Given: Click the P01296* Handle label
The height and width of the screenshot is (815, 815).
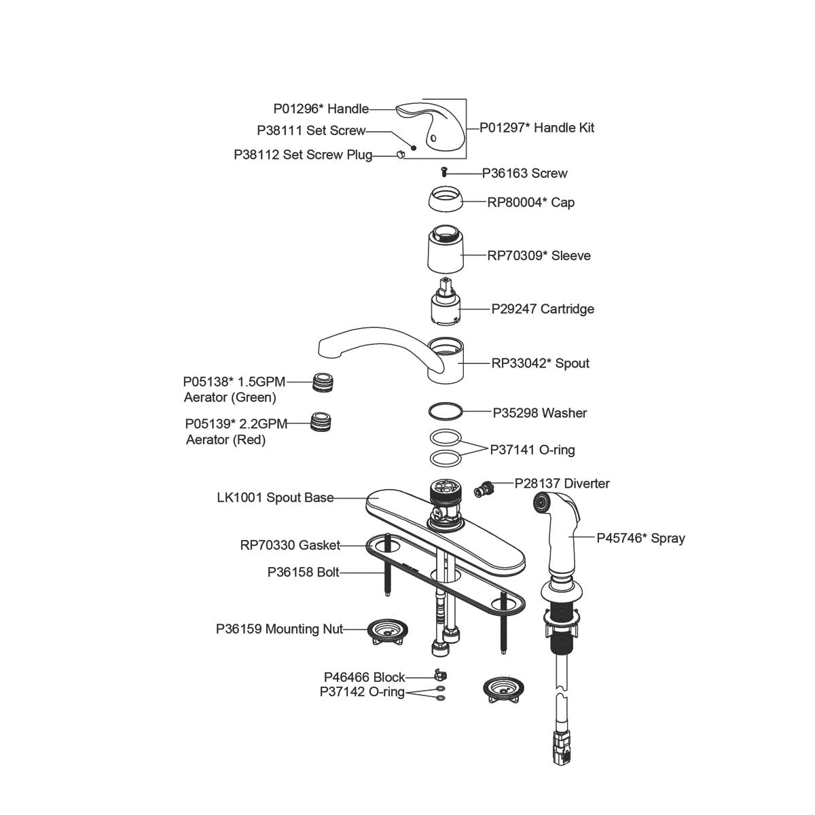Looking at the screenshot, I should pos(321,109).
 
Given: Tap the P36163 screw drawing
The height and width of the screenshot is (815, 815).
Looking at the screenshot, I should pos(446,173).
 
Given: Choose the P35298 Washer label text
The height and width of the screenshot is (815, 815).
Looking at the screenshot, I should pos(539,412).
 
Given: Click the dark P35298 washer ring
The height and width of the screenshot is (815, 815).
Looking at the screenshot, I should pos(446,411).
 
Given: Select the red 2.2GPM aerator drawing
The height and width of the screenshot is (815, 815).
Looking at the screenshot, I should pos(320,422).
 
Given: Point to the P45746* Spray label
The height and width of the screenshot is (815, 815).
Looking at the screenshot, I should pos(640,538).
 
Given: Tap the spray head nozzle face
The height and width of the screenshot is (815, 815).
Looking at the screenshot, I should pos(541,503).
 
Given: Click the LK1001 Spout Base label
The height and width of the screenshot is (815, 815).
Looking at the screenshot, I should pos(275,498).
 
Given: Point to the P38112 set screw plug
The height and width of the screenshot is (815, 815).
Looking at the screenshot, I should pos(400,155).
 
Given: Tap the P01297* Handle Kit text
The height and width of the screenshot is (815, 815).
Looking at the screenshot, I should pos(537,128).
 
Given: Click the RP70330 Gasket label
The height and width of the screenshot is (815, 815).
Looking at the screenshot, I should pos(290,545).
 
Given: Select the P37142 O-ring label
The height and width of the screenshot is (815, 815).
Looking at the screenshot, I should pos(362,692).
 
